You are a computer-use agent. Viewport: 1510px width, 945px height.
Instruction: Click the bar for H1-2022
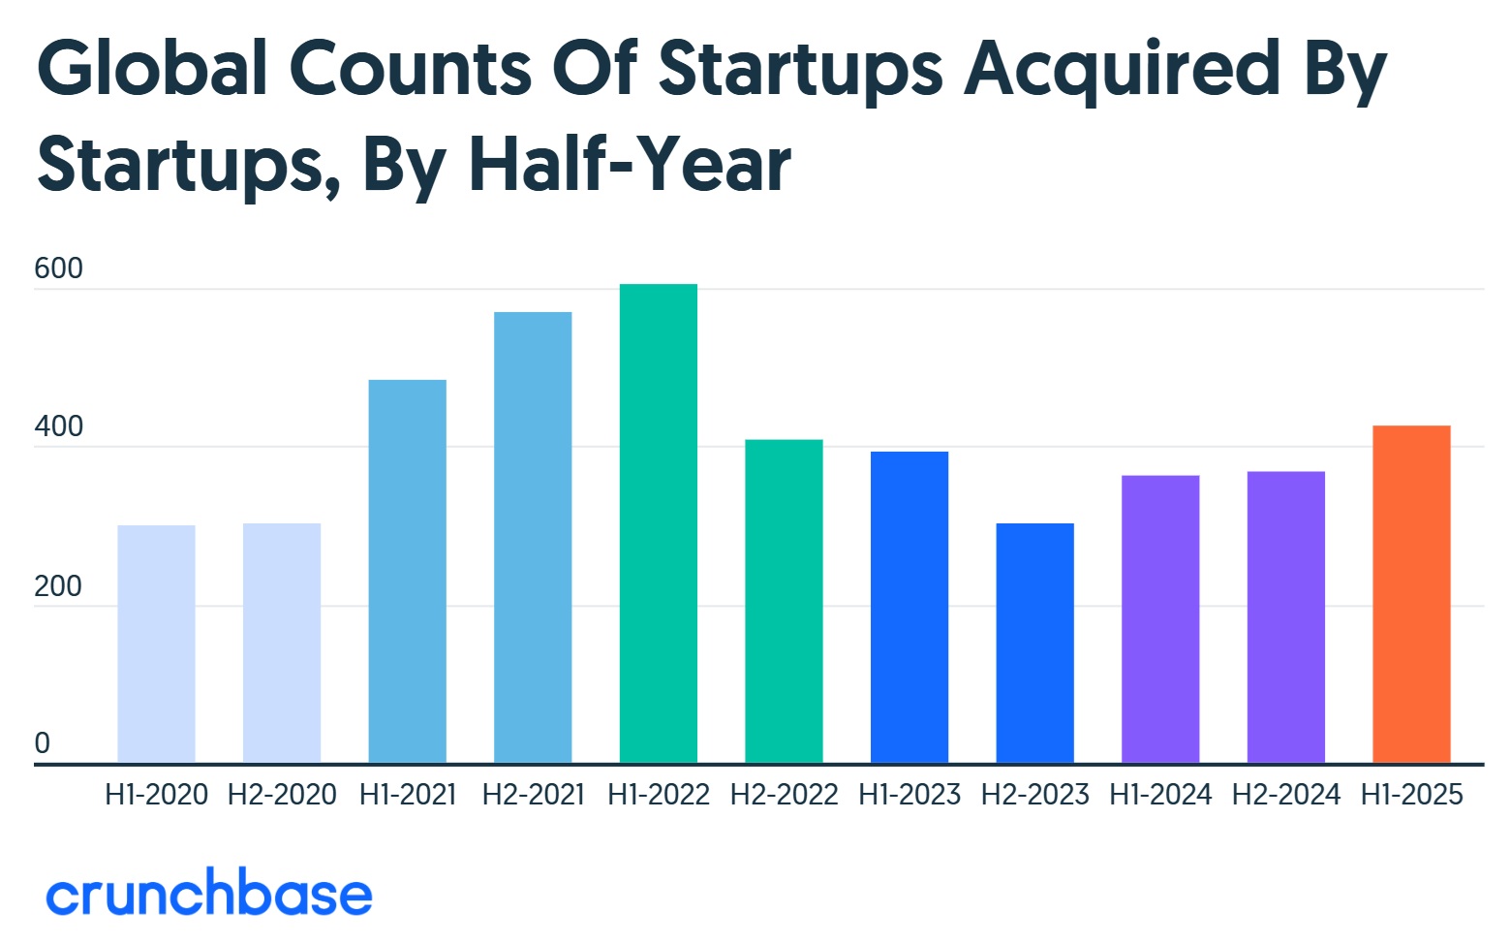[x=658, y=523]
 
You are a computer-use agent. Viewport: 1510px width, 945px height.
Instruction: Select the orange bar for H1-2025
[x=1411, y=594]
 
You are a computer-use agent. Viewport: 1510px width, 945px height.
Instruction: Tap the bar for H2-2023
[x=1034, y=643]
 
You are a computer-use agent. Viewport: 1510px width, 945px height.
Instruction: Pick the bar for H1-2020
[x=156, y=644]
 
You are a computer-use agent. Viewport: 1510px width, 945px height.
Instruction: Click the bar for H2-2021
[x=533, y=537]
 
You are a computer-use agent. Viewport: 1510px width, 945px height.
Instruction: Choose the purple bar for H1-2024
[x=1160, y=618]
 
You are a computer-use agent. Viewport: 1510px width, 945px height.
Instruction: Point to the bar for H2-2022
[x=784, y=601]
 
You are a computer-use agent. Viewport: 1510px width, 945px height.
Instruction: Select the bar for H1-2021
[x=407, y=571]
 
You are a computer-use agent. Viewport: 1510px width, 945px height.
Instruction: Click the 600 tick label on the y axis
[x=58, y=268]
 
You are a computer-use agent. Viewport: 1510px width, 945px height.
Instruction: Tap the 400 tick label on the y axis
[x=58, y=426]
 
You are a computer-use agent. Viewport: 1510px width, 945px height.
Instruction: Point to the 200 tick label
[x=58, y=586]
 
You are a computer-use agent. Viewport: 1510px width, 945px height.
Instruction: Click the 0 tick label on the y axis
[x=43, y=743]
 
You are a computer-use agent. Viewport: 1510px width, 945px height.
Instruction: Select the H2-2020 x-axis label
[x=282, y=795]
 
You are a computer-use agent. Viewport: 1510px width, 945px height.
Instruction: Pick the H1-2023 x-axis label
[x=909, y=795]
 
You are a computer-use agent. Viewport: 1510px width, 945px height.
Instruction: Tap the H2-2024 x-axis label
[x=1286, y=795]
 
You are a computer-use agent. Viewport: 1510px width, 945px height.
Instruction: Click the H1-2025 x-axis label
[x=1411, y=795]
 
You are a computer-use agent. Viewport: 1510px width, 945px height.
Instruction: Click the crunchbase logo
[x=209, y=894]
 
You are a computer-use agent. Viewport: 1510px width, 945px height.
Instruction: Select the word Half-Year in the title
[x=630, y=165]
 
